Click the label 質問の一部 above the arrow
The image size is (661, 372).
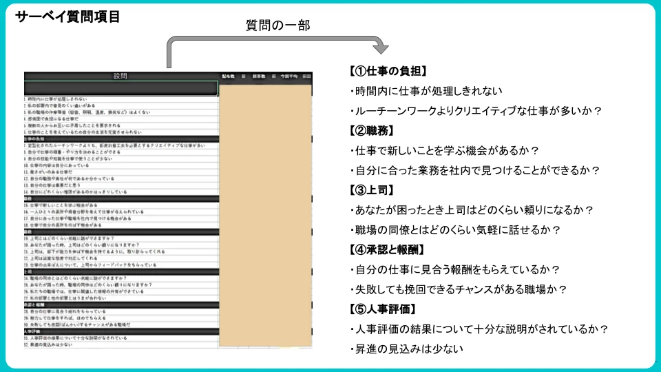pos(278,25)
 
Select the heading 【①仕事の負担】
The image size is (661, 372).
pos(388,71)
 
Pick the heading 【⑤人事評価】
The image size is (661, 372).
pos(382,309)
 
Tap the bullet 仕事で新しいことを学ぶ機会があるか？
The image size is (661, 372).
pos(445,150)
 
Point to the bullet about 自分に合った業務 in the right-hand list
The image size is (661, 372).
pos(476,170)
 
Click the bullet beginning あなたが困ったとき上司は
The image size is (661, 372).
pos(472,210)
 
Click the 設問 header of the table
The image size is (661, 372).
pos(120,76)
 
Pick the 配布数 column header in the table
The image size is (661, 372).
pos(228,76)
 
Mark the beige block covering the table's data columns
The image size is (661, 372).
pos(264,214)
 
